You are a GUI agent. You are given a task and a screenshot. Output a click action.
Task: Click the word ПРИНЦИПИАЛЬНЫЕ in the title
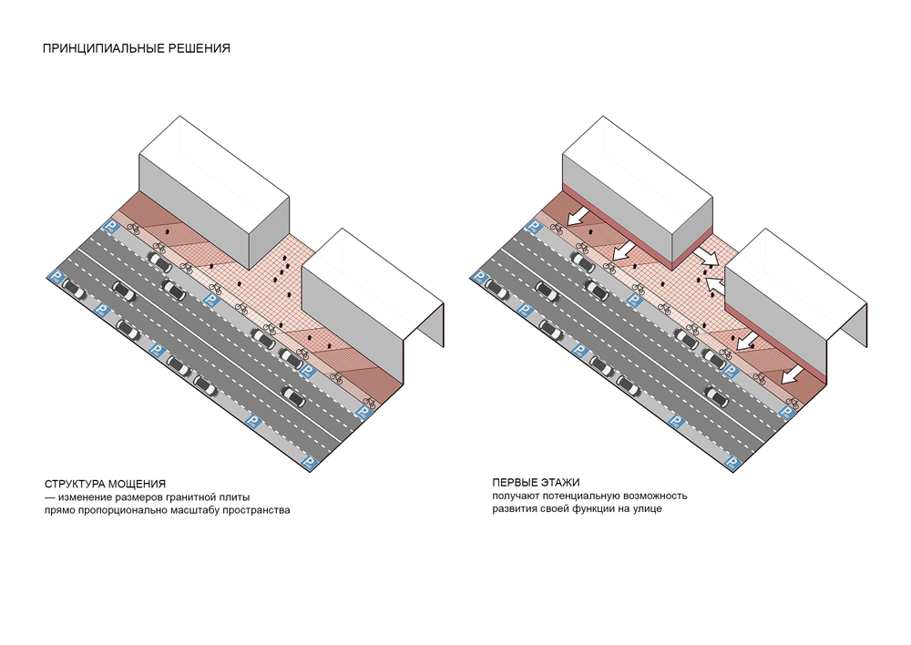click(97, 48)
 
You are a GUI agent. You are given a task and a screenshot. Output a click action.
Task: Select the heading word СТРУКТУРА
click(74, 483)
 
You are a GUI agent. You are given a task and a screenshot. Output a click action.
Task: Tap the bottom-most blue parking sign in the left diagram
click(309, 463)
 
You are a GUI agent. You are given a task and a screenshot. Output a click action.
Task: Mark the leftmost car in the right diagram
click(497, 289)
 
